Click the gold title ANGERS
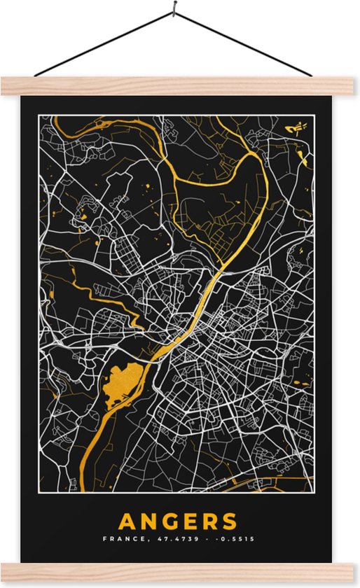pyautogui.click(x=178, y=521)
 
